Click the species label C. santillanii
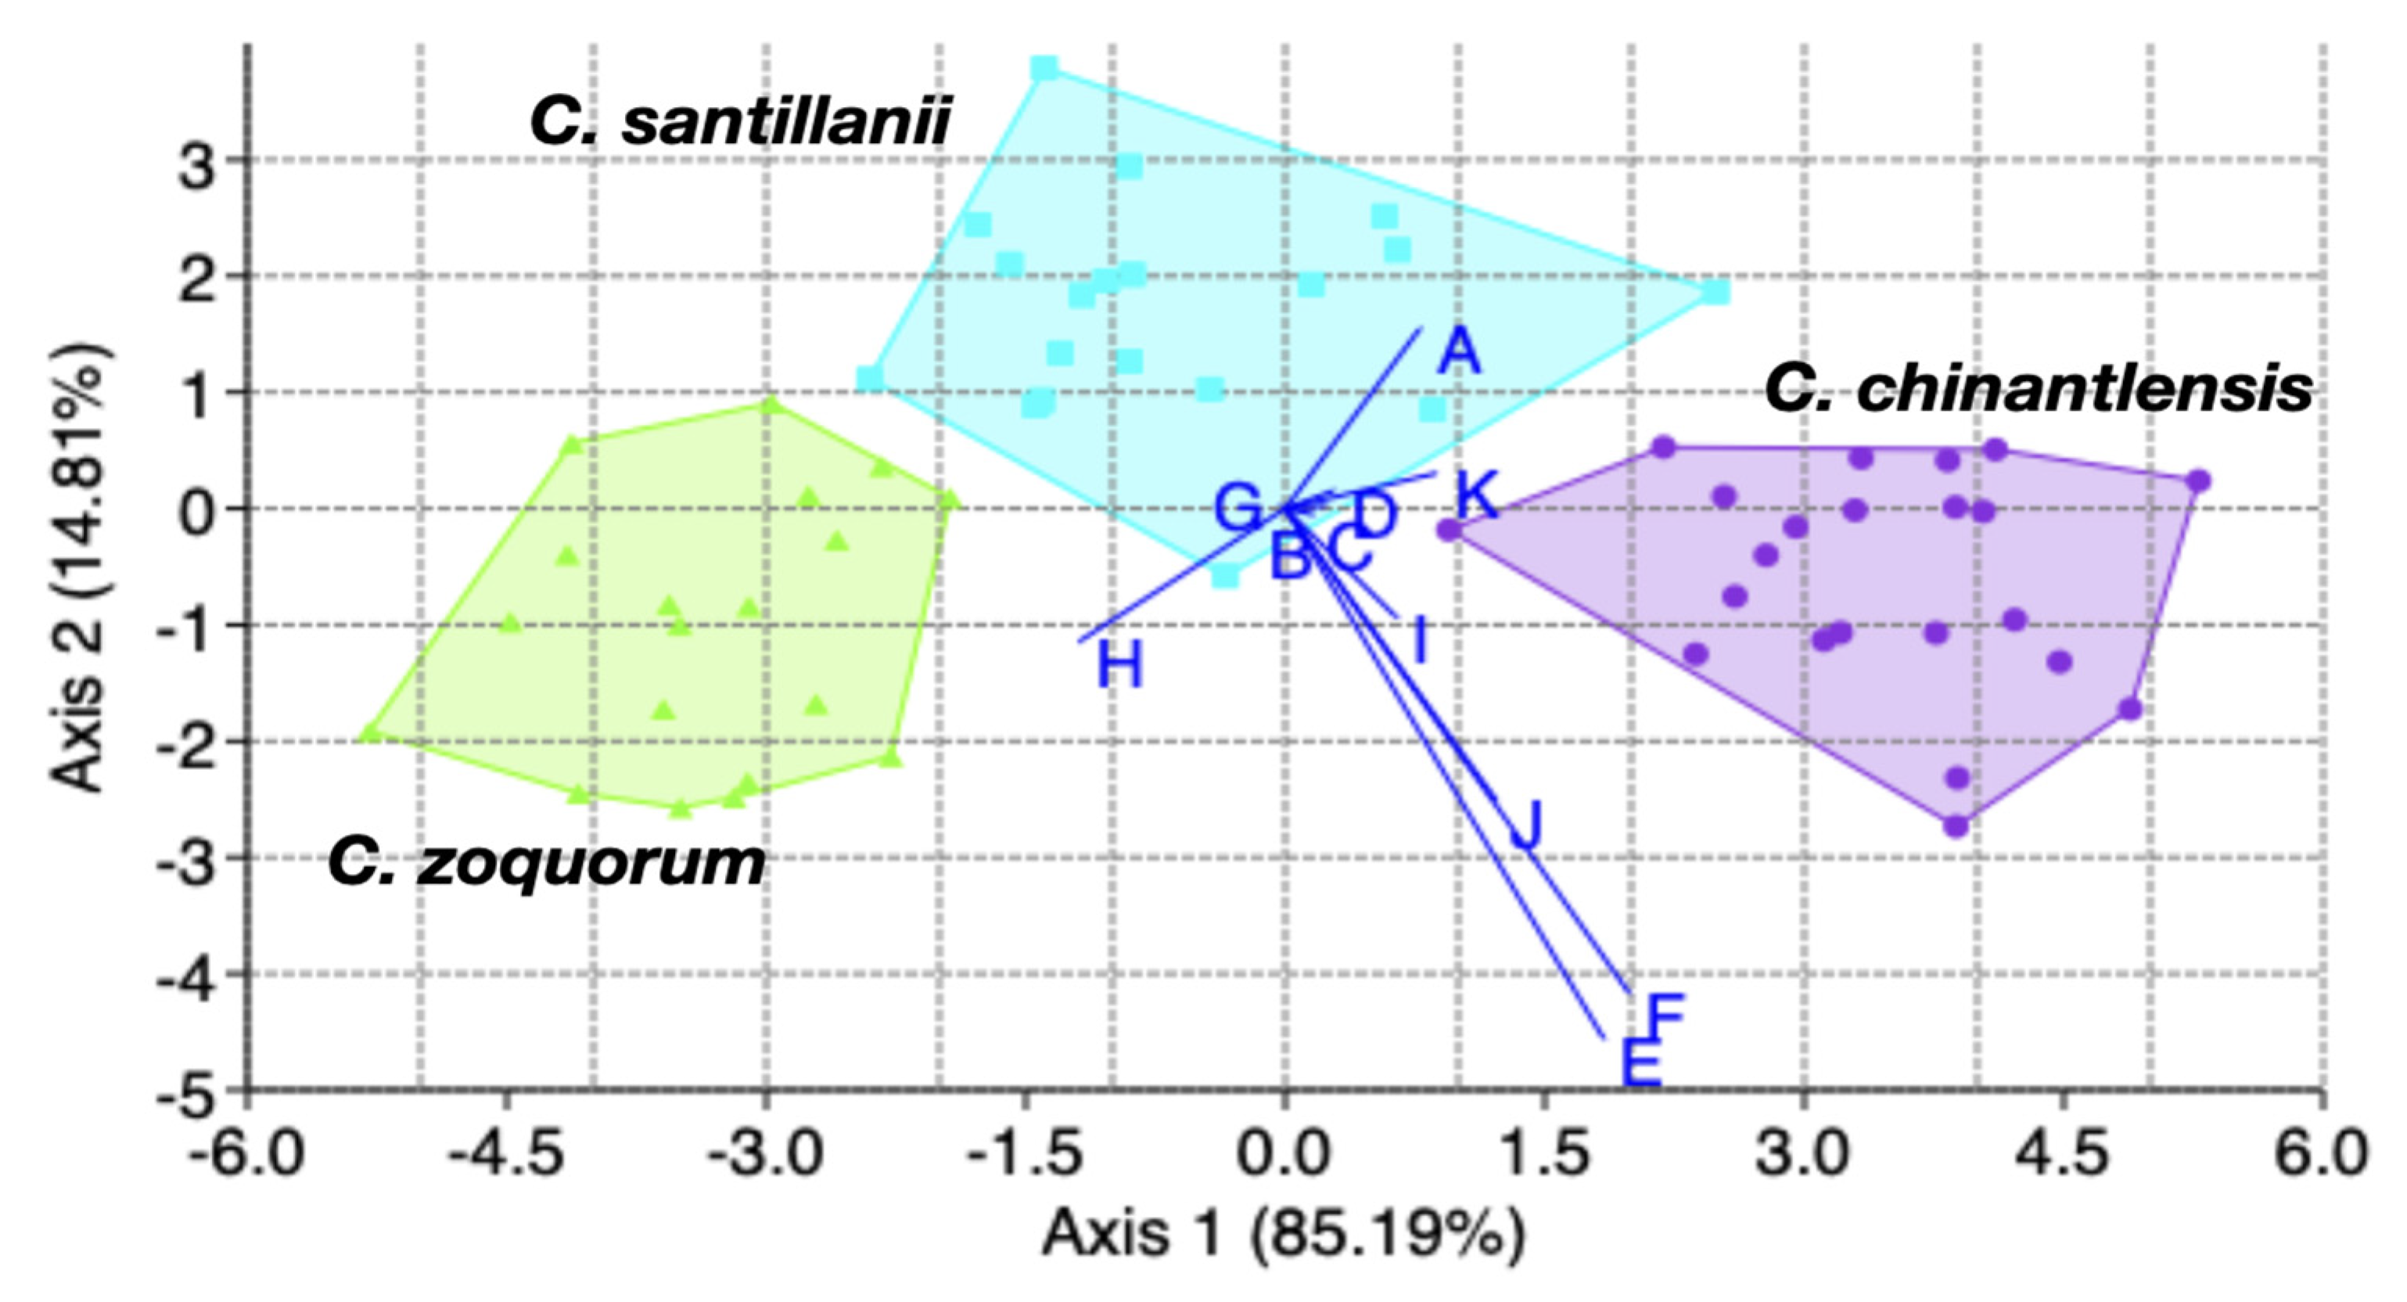coord(740,122)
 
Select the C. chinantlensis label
coord(2038,389)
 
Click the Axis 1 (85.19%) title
coord(1283,1234)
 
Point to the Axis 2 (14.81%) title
coord(81,568)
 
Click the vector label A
coord(1459,352)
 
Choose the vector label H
coord(1119,667)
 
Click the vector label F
coord(1663,1016)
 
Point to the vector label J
coord(1525,825)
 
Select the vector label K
coord(1477,494)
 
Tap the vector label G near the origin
coord(1239,508)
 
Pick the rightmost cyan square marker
coord(1715,293)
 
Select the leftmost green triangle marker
coord(371,733)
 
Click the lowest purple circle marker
coord(1956,826)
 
